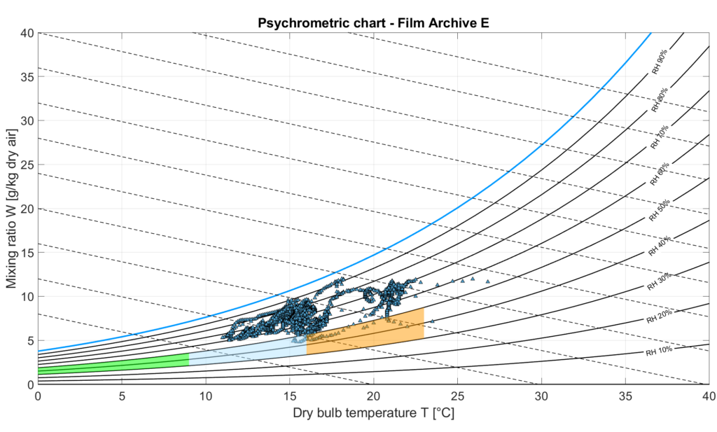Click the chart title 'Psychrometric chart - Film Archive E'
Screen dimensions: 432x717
point(373,22)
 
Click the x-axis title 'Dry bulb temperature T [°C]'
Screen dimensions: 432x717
point(373,414)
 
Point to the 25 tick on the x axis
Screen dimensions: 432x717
point(457,384)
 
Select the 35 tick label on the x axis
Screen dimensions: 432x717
point(625,396)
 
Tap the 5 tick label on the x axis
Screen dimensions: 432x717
point(122,396)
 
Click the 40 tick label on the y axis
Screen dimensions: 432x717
point(27,33)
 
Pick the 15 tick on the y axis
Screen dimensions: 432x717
point(38,253)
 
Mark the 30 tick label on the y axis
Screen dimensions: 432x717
point(27,120)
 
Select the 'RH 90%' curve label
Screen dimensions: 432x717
point(658,61)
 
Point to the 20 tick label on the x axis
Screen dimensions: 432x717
point(373,396)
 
